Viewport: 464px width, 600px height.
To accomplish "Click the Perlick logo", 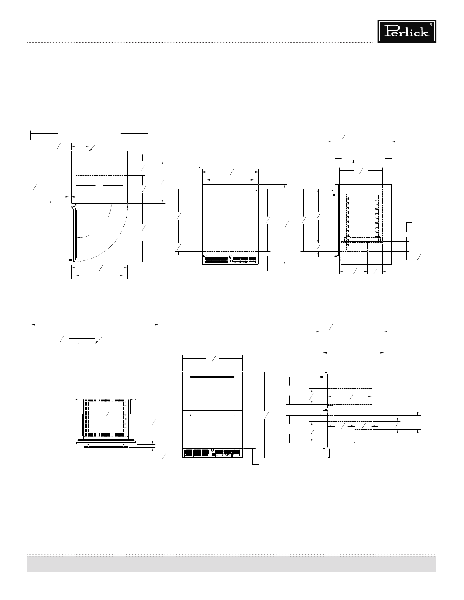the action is (407, 31).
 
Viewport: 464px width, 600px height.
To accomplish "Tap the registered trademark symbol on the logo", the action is (431, 24).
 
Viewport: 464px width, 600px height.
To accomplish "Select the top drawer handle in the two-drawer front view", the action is (212, 377).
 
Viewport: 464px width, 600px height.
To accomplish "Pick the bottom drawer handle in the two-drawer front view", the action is (212, 415).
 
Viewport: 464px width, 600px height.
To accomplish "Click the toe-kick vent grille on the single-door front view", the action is (230, 260).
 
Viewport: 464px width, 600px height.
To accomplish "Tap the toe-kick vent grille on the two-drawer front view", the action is (212, 453).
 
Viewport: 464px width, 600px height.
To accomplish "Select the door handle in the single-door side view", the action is (334, 220).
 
